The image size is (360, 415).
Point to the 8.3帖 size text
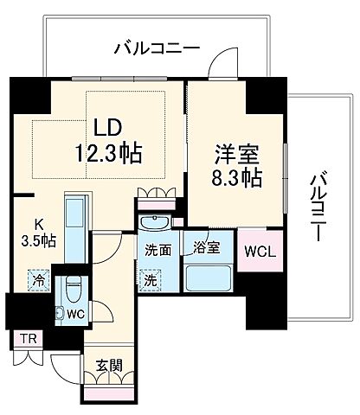pos(235,176)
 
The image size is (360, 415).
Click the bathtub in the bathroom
pos(207,278)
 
